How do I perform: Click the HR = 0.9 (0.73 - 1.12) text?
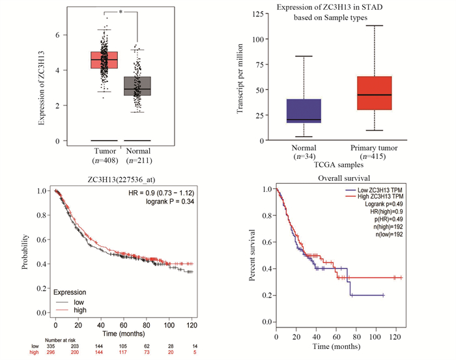160,193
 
